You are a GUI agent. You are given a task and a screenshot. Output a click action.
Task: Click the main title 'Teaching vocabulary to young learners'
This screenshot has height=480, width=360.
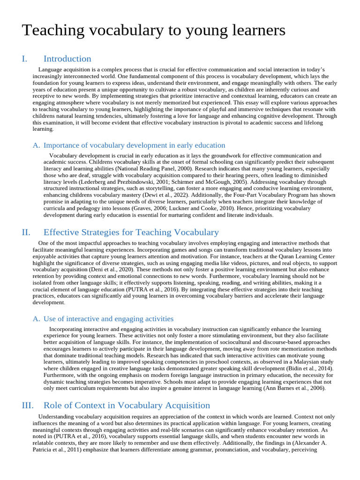(153, 31)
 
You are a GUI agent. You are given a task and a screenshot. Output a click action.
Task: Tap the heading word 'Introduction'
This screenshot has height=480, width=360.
(67, 59)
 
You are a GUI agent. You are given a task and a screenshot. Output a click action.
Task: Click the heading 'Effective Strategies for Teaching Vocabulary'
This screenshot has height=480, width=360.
(131, 232)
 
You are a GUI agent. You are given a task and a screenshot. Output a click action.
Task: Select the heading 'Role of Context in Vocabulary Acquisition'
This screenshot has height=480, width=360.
(127, 405)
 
